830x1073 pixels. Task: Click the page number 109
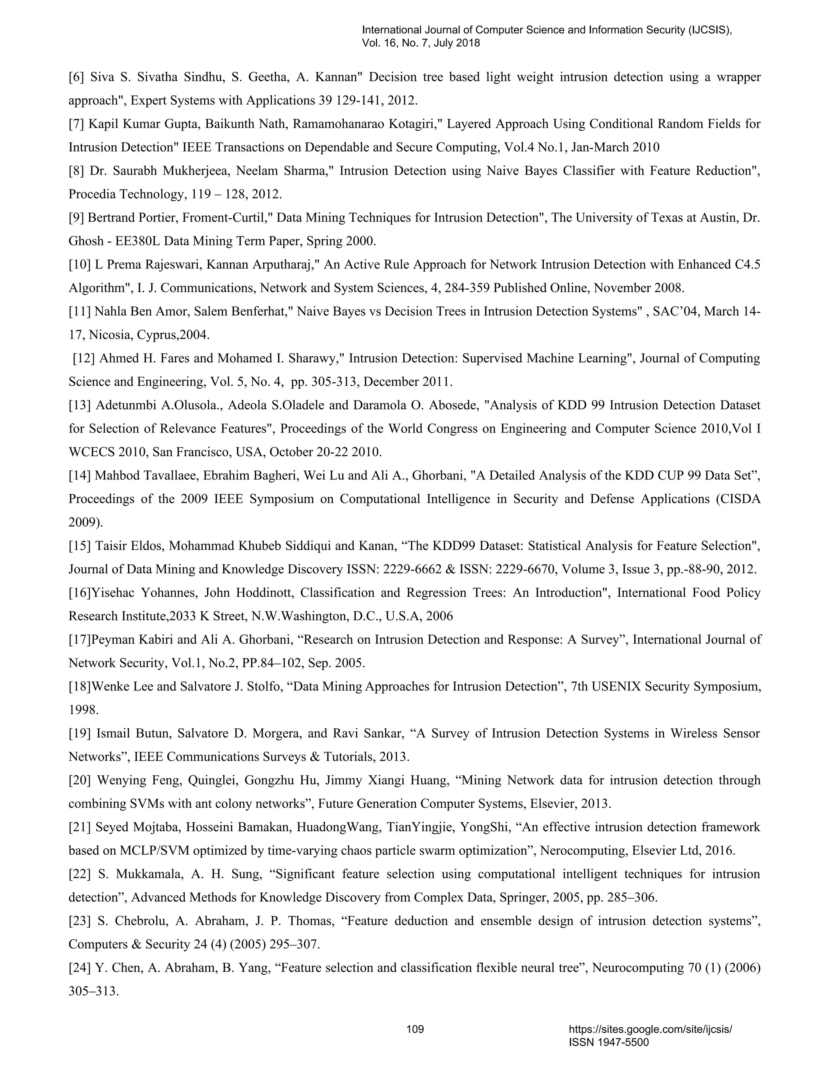click(415, 1029)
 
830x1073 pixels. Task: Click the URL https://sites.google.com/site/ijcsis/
click(650, 1029)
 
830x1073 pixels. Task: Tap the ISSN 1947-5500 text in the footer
click(609, 1043)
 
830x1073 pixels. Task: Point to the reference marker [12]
click(83, 358)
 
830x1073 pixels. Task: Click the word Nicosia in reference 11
click(111, 335)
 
